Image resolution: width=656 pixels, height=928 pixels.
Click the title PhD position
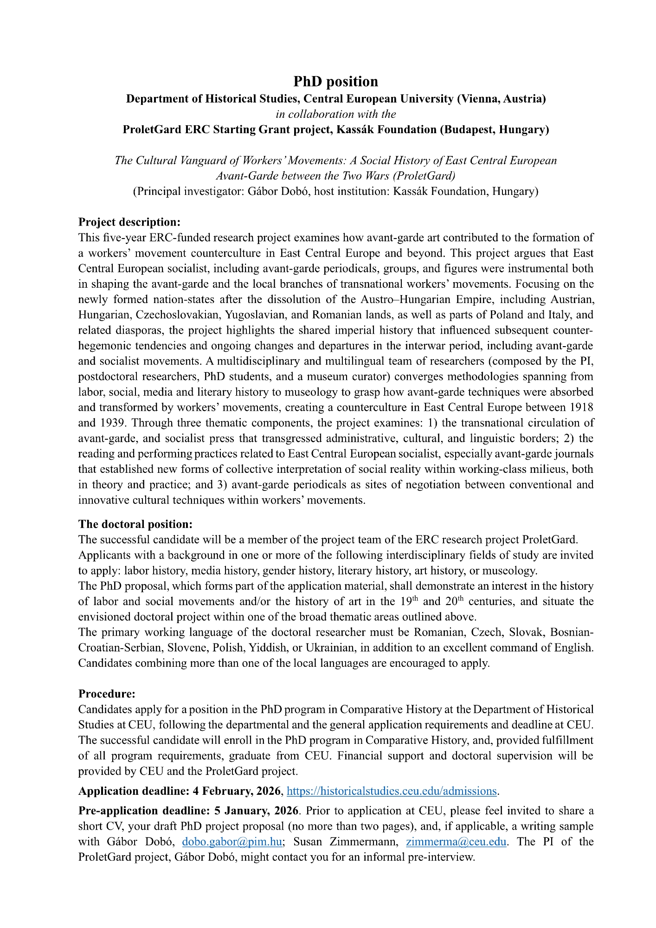pos(335,82)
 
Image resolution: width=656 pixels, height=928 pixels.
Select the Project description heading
pos(129,222)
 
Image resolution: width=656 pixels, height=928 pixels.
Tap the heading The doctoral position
pos(135,524)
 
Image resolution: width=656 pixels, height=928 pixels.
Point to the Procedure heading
pos(107,694)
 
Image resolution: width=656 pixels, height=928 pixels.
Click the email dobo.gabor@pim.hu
pos(232,842)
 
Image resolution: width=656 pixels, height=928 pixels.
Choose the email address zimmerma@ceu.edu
pos(456,842)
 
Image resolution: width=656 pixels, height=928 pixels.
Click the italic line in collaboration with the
pos(335,114)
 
